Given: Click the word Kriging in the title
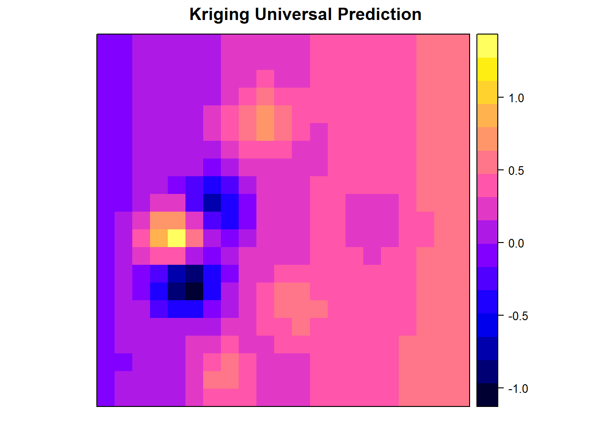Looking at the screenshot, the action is click(x=219, y=15).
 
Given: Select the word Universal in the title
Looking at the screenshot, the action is click(x=293, y=14).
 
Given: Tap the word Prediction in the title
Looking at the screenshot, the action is click(x=380, y=14).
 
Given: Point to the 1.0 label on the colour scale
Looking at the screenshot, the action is click(x=516, y=98).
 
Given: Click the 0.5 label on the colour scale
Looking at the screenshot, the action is click(x=516, y=171).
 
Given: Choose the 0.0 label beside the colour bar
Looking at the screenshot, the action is click(x=516, y=243).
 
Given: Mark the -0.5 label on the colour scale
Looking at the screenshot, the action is click(x=518, y=316).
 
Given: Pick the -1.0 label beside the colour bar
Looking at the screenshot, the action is click(x=518, y=389).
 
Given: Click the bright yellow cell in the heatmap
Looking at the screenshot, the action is click(x=176, y=238).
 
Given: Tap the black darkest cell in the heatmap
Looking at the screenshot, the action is click(x=194, y=291).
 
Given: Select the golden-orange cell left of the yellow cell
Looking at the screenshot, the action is click(x=159, y=238).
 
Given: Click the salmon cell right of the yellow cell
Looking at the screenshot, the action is click(x=194, y=238).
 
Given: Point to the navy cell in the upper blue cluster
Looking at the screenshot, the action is click(x=212, y=203).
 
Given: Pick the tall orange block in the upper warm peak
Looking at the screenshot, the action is click(x=265, y=123).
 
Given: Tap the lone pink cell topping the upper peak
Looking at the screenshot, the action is click(x=265, y=79).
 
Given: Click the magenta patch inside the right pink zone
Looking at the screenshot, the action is click(x=372, y=221).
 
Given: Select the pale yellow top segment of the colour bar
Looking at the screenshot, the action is click(x=487, y=46).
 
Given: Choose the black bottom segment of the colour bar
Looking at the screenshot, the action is click(x=487, y=395).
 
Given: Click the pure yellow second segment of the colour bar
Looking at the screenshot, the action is click(x=487, y=69).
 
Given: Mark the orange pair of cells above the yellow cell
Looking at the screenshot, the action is click(x=168, y=220).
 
